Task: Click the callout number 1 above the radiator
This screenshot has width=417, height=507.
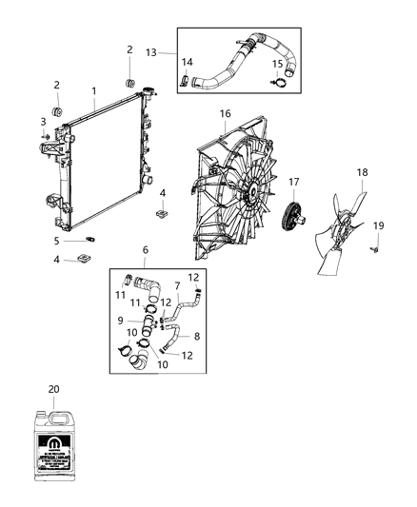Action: (x=93, y=91)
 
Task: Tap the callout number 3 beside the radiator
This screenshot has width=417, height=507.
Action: (x=44, y=121)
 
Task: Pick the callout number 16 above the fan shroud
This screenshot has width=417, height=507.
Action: (x=226, y=113)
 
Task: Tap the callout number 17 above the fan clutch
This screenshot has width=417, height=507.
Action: (x=294, y=182)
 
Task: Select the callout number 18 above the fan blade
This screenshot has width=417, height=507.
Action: (x=362, y=172)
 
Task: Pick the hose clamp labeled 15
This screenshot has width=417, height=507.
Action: (x=277, y=82)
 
